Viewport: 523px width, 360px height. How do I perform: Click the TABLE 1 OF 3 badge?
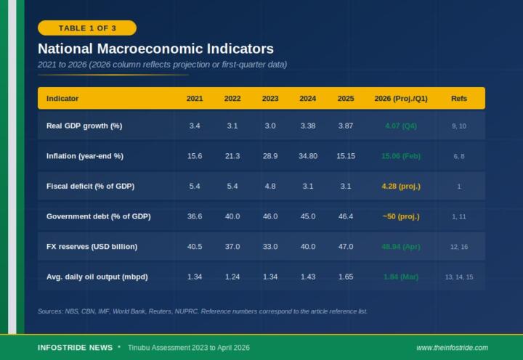coord(86,28)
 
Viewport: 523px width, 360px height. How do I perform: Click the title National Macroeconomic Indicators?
coord(155,49)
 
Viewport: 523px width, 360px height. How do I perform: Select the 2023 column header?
coord(270,98)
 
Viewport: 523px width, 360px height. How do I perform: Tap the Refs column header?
coord(459,98)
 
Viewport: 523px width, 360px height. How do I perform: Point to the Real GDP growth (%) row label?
coord(84,126)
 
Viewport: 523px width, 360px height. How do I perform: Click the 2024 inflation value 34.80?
coord(308,156)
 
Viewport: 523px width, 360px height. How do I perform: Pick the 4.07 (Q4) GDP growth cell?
coord(401,126)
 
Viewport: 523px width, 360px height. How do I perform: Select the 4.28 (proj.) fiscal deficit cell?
coord(401,186)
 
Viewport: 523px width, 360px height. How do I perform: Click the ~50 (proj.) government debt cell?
coord(401,216)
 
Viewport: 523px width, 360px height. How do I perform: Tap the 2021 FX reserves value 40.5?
coord(195,247)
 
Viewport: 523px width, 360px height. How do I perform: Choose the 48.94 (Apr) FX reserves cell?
coord(401,247)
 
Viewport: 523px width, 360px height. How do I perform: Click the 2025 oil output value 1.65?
coord(346,277)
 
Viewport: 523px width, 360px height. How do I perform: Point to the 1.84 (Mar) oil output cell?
coord(401,277)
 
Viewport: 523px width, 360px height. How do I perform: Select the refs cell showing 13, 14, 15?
coord(459,277)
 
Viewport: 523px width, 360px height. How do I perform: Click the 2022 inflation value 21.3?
coord(232,156)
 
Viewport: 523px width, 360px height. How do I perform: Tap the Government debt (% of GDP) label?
coord(98,216)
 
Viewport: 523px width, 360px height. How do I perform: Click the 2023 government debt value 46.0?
coord(270,216)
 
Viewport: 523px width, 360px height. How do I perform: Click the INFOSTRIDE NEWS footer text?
coord(75,348)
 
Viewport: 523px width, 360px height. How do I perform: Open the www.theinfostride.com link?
coord(452,348)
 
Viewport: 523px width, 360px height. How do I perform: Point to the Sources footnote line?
coord(203,311)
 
